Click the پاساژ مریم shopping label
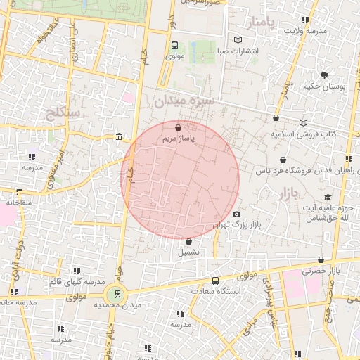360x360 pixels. pos(178,139)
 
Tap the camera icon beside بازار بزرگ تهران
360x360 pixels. pos(236,214)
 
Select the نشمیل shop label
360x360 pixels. pos(188,251)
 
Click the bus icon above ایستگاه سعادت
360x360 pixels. pos(215,281)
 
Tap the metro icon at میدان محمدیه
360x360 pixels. pos(117,294)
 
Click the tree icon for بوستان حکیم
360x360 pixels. pos(324,75)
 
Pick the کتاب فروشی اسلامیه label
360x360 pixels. pos(304,134)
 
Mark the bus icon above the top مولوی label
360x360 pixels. pos(174,45)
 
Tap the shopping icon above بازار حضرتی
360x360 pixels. pos(321,259)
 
